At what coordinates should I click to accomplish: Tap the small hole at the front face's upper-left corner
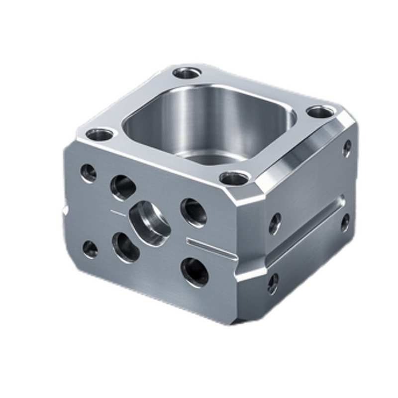pyautogui.click(x=89, y=173)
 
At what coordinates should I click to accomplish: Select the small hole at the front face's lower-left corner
pyautogui.click(x=90, y=249)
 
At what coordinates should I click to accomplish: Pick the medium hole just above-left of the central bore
pyautogui.click(x=123, y=188)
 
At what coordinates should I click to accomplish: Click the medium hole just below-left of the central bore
pyautogui.click(x=125, y=247)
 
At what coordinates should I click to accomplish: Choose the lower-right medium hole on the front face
pyautogui.click(x=195, y=272)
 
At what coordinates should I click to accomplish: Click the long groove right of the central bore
pyautogui.click(x=211, y=248)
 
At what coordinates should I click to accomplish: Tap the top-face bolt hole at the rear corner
pyautogui.click(x=188, y=73)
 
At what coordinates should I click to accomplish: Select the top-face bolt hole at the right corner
pyautogui.click(x=319, y=112)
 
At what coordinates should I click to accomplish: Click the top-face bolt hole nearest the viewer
pyautogui.click(x=234, y=178)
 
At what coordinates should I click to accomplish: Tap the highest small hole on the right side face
pyautogui.click(x=347, y=148)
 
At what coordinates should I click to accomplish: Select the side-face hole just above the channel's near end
pyautogui.click(x=275, y=223)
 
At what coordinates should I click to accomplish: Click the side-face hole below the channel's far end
pyautogui.click(x=345, y=222)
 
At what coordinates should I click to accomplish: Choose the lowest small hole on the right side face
pyautogui.click(x=273, y=284)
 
